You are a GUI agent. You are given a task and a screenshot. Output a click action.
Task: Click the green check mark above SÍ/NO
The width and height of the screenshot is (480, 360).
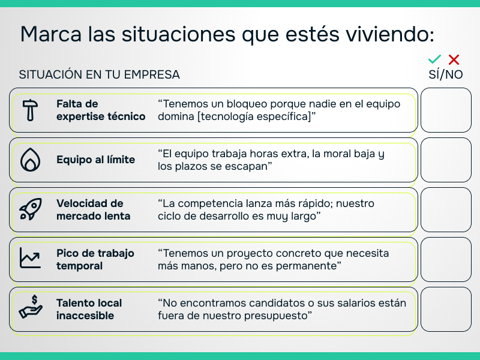point(435,59)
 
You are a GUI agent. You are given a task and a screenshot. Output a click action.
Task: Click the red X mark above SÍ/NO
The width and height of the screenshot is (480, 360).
point(454,59)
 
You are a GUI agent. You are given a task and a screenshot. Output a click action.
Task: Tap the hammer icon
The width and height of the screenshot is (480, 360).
point(29,110)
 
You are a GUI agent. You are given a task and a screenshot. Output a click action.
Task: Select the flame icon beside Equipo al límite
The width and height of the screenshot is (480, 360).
point(29,160)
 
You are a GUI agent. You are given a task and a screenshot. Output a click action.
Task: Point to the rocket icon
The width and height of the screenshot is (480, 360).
point(29,210)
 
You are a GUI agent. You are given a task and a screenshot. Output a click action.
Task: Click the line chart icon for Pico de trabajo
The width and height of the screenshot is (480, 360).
point(29,259)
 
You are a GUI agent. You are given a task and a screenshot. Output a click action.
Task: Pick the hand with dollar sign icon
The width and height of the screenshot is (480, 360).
point(29,308)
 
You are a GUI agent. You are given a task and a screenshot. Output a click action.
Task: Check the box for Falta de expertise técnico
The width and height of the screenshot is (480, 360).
point(446,110)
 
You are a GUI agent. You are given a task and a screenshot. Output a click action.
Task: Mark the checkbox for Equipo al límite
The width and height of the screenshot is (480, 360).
point(446,160)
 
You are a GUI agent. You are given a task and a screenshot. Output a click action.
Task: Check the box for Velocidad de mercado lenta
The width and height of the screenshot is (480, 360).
point(446,210)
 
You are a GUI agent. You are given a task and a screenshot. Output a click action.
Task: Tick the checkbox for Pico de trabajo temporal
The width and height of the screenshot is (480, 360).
point(446,260)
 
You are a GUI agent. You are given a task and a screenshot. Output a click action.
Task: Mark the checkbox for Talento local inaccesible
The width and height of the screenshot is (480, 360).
point(446,310)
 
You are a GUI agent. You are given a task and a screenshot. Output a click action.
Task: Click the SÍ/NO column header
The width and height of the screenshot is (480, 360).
point(445,75)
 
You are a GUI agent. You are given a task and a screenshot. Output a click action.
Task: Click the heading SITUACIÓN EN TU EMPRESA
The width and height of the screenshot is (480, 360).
point(100,75)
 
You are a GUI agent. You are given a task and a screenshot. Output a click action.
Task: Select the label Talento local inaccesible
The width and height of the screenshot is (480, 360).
point(89,309)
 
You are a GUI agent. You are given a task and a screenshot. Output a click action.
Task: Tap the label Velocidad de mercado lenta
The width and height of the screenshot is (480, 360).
point(93,209)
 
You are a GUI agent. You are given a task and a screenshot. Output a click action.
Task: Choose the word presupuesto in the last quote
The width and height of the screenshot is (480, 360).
point(272,316)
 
